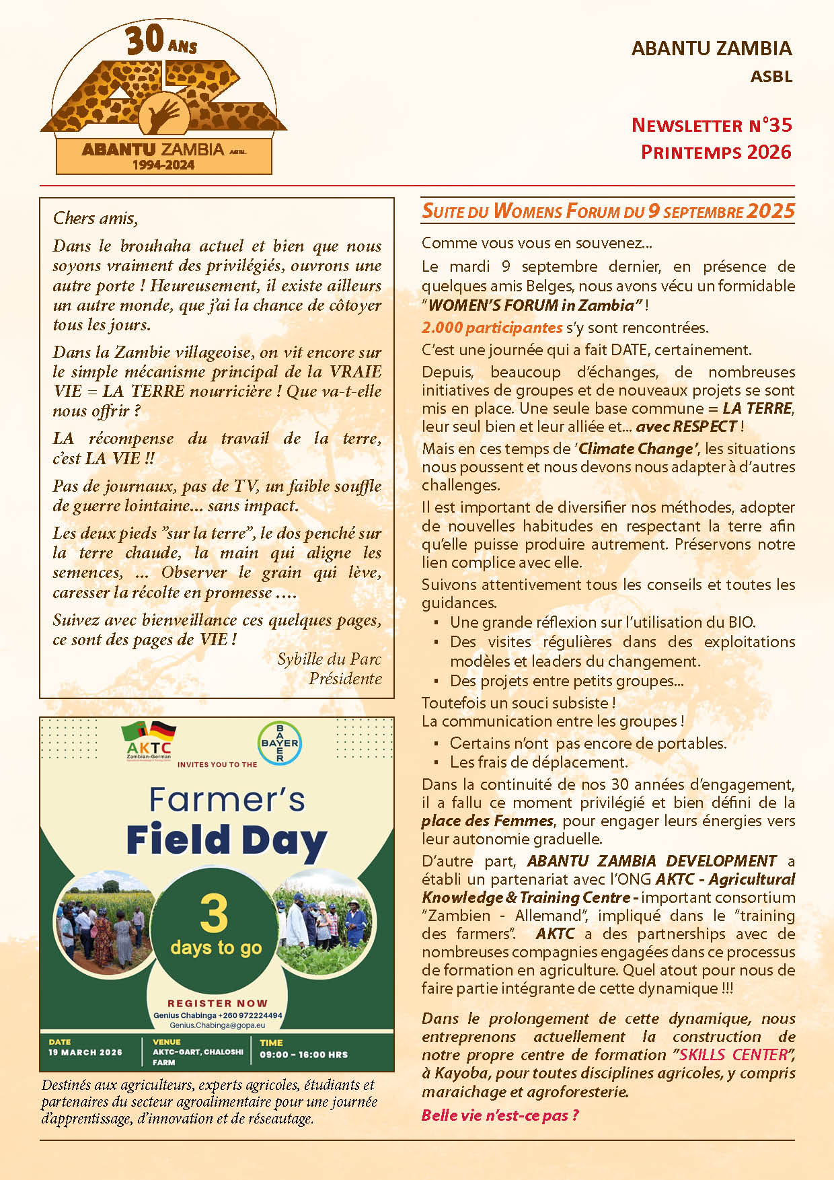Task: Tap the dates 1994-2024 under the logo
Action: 163,165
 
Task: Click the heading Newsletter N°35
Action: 711,125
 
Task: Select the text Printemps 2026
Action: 716,152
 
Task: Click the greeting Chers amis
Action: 95,218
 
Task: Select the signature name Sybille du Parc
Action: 329,659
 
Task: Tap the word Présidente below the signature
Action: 345,678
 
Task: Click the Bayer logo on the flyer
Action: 280,743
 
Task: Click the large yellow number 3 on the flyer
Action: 214,915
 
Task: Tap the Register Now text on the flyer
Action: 217,1003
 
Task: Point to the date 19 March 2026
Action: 85,1052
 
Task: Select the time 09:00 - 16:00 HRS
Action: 304,1054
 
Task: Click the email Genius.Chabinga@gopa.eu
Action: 217,1025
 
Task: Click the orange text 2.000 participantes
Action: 492,328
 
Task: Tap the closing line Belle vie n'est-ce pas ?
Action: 500,1115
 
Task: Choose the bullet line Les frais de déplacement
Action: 538,762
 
